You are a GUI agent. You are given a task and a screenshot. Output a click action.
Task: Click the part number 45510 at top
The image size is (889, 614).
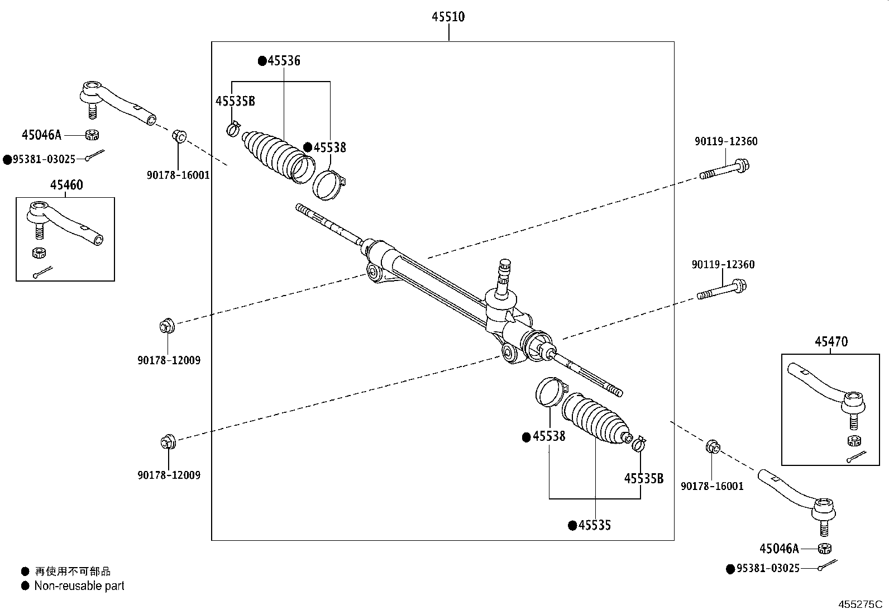click(x=448, y=17)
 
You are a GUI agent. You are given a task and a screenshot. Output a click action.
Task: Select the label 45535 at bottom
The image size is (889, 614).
click(x=594, y=525)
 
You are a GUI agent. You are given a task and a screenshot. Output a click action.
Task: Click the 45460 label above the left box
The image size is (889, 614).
click(x=66, y=184)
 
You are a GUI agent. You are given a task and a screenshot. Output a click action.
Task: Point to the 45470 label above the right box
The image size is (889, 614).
click(x=830, y=341)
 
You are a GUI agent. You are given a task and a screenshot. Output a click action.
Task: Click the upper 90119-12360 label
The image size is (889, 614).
click(x=725, y=141)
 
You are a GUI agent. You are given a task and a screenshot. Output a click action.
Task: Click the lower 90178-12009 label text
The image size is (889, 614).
click(x=169, y=475)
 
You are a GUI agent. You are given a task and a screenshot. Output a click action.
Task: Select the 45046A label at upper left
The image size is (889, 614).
click(x=41, y=135)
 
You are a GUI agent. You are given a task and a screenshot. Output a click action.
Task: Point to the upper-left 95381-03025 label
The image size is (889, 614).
click(x=43, y=159)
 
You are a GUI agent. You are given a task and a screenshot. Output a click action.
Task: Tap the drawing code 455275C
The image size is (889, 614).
click(x=859, y=605)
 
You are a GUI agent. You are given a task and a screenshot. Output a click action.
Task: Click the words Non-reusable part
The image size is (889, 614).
click(x=79, y=586)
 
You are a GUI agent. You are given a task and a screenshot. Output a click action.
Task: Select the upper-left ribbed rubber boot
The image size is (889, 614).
click(x=274, y=153)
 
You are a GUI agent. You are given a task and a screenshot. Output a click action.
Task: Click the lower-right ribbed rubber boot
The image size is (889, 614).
click(x=594, y=419)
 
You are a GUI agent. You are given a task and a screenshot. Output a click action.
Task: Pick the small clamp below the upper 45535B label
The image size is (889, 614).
click(x=233, y=128)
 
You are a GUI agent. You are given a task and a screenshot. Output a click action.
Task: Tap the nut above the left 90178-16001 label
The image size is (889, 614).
click(x=179, y=136)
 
